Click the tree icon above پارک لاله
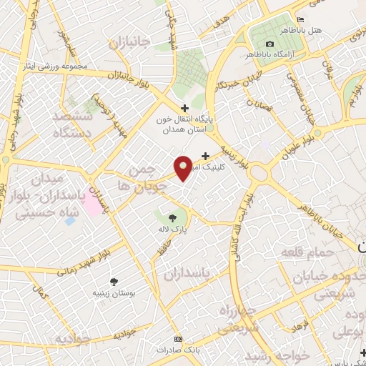click(x=172, y=218)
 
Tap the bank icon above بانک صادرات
click(x=177, y=339)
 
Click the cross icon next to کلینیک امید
click(x=206, y=155)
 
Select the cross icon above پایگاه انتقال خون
click(x=185, y=108)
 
